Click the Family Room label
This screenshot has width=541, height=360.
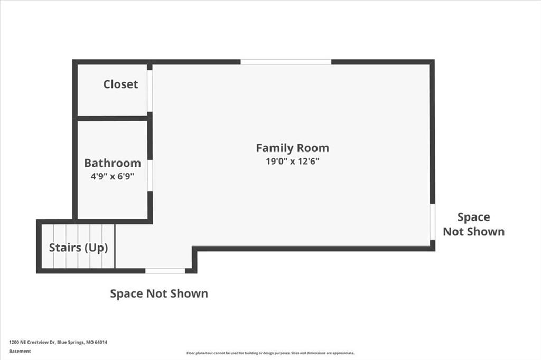[x=292, y=148]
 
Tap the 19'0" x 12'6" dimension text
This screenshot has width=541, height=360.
[x=292, y=162]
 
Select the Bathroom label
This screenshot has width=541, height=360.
[x=113, y=163]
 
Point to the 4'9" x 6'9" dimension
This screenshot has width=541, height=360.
[x=113, y=176]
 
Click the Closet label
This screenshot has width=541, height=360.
[x=120, y=84]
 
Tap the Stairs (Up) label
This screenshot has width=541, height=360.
[x=78, y=248]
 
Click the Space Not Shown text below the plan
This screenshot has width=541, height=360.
[x=159, y=293]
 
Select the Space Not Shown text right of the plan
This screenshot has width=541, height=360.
[x=474, y=224]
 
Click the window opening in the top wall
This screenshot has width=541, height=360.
[x=286, y=62]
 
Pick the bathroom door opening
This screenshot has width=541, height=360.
[x=150, y=176]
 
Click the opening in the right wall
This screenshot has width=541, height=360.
[x=432, y=222]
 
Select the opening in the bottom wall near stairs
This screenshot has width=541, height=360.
[x=165, y=271]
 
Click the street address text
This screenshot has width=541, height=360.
[x=58, y=343]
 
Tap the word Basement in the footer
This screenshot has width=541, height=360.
[x=20, y=352]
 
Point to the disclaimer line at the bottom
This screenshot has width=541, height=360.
[x=270, y=353]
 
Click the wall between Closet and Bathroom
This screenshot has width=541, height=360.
[x=113, y=119]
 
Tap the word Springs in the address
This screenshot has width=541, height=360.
[x=76, y=343]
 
